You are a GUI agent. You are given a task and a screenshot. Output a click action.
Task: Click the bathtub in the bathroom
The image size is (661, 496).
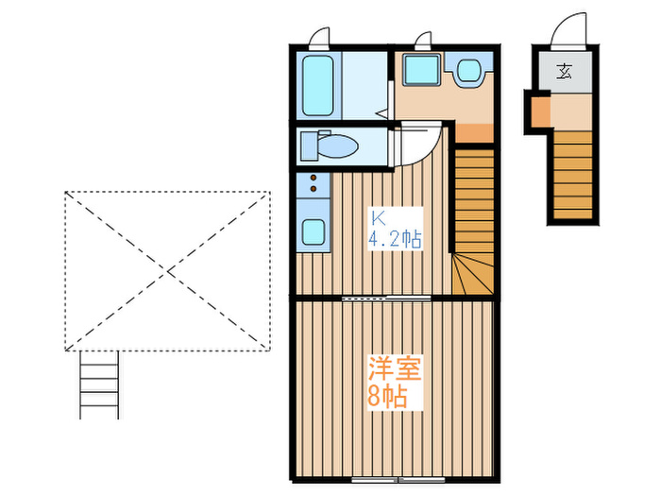click(317, 85)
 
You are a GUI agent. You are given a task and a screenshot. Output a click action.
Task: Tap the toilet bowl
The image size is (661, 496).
click(336, 146)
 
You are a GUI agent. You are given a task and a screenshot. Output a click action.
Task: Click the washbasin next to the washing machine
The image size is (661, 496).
click(467, 70)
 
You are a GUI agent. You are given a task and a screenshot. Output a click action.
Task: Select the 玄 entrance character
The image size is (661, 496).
click(565, 71)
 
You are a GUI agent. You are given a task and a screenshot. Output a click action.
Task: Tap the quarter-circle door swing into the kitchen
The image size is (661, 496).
click(415, 142)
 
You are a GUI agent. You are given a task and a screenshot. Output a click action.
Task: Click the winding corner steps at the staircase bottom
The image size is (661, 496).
click(472, 274)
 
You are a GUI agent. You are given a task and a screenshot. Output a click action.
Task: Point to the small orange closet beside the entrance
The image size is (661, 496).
click(537, 111)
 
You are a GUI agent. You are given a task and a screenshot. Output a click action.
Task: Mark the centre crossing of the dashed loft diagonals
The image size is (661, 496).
click(168, 272)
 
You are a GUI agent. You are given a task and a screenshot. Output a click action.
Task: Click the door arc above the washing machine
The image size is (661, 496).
click(424, 40)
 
